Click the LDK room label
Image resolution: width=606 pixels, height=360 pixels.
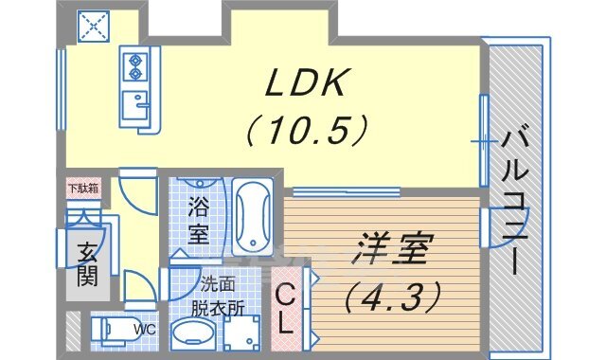(x=305, y=82)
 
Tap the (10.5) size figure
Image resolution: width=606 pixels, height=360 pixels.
(x=305, y=131)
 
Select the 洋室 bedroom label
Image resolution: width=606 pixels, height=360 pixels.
(x=391, y=249)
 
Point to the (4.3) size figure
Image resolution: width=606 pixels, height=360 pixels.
(x=393, y=297)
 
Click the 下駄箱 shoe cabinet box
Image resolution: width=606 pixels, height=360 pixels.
(x=83, y=189)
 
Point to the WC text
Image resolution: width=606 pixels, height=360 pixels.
(x=145, y=330)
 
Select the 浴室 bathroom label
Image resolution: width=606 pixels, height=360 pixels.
(x=199, y=220)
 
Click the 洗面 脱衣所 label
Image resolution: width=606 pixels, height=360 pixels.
(x=218, y=297)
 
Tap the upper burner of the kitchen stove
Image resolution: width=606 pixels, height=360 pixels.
(x=134, y=61)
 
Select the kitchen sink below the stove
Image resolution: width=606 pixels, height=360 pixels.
(x=134, y=104)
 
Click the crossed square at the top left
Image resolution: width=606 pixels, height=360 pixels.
(x=94, y=26)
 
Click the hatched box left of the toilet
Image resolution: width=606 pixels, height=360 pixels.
(x=73, y=330)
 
